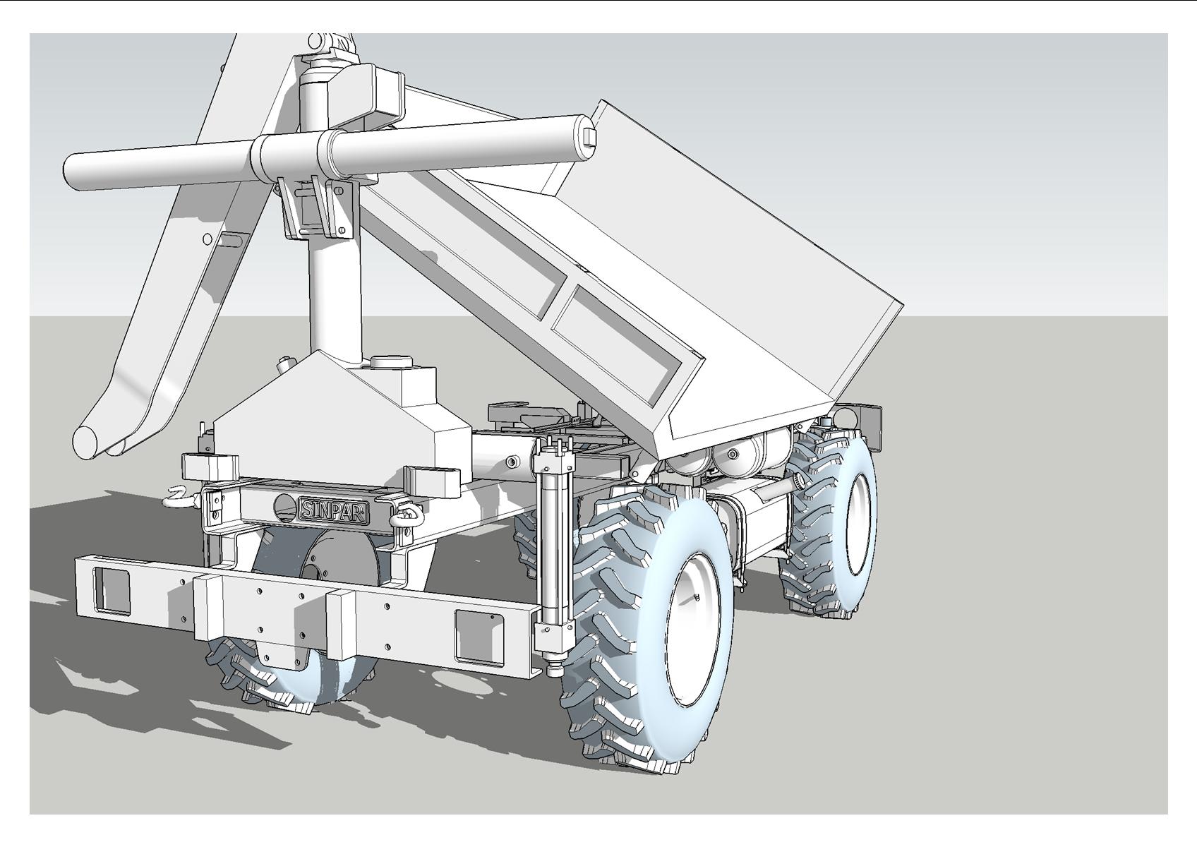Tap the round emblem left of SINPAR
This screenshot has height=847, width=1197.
285,507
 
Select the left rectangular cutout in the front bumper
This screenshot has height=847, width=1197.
112,590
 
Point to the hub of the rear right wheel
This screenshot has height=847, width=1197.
860,524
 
